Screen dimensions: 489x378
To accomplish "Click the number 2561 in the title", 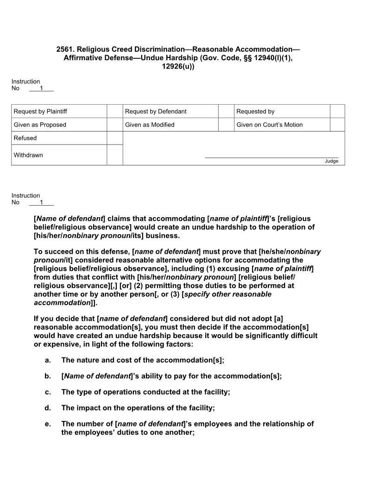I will click(x=65, y=49).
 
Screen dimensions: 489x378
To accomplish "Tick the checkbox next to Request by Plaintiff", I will click(x=115, y=111).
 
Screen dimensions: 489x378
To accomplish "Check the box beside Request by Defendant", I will click(x=226, y=111).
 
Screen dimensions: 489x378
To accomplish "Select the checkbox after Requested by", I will click(x=337, y=111).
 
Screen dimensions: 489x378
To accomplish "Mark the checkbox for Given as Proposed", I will click(x=115, y=125).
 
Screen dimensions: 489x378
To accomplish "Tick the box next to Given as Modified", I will click(x=226, y=125).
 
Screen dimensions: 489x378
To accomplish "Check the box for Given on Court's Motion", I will click(x=337, y=125).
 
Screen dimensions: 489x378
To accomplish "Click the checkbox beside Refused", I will click(x=115, y=138).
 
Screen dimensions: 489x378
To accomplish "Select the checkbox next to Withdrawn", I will click(x=115, y=155).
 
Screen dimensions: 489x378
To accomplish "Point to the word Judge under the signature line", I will click(x=331, y=161).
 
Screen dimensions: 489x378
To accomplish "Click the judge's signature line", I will click(x=271, y=157).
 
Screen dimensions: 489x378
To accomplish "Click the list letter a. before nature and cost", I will click(x=47, y=360).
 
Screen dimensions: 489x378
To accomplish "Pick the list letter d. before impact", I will click(x=47, y=408).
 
